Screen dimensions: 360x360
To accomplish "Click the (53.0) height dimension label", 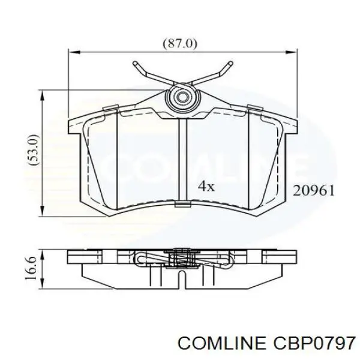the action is [x=34, y=150].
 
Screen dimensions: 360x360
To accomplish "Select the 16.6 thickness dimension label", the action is [x=32, y=268].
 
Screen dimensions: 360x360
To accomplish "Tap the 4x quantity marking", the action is [x=206, y=186].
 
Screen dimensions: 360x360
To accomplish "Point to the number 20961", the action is [x=313, y=191].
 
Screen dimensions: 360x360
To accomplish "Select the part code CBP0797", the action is [x=313, y=344].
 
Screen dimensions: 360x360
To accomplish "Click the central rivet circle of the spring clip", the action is [x=183, y=97].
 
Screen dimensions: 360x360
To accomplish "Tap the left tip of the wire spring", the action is [x=135, y=63].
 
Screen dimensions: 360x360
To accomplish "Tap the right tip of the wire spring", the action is [x=231, y=63].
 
